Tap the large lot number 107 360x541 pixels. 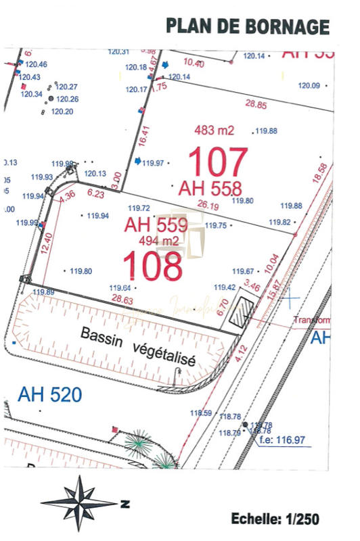pos(218,162)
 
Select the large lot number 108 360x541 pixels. pos(153,266)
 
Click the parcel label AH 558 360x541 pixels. pos(210,188)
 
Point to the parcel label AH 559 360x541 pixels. pos(156,225)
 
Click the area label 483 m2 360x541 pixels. pos(214,130)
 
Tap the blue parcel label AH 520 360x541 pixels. pos(50,394)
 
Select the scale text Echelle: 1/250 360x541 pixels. pos(275,519)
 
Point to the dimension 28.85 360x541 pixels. pos(256,105)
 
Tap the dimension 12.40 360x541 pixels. pos(45,242)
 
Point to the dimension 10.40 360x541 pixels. pos(194,63)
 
